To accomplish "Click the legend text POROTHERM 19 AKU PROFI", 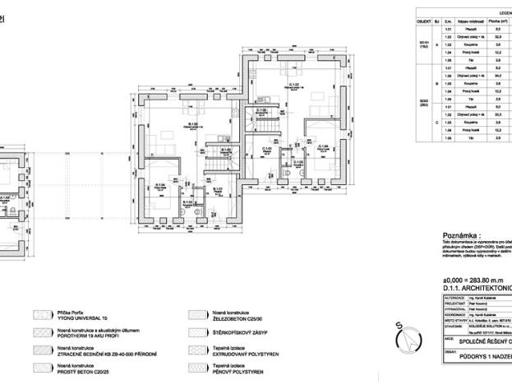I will (91, 336).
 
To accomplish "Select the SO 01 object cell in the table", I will (424, 43).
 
